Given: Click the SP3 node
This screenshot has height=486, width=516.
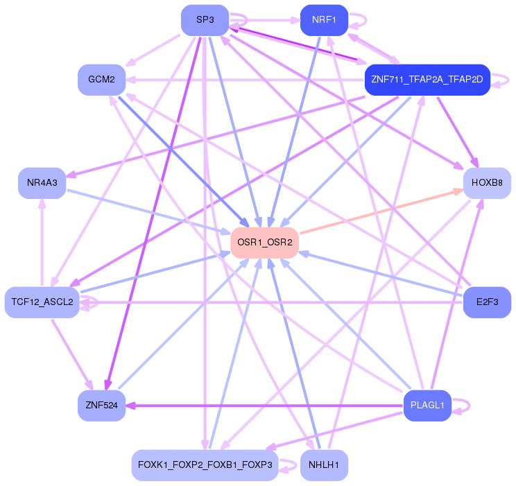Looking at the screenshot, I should pos(205,20).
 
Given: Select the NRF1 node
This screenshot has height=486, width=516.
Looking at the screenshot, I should pos(324,20).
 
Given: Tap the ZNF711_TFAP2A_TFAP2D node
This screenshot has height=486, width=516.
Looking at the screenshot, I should pos(427,80).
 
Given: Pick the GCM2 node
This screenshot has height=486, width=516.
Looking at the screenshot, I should pos(101,80).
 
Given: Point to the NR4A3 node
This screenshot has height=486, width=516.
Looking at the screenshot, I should pos(42,183).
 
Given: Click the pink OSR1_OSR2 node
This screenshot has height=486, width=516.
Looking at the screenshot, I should pos(264,243).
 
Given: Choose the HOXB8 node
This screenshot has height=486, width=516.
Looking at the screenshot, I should pos(487,183).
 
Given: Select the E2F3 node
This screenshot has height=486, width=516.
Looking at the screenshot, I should pos(487,302).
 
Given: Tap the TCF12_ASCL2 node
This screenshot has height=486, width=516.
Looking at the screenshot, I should pos(42,302).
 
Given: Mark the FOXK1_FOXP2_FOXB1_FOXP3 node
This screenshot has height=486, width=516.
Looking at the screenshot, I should pos(205,465).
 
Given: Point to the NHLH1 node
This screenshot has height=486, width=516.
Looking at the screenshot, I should pos(324,465).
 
